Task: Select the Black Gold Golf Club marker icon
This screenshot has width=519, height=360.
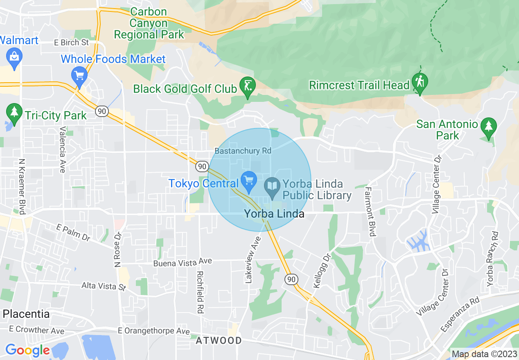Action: point(247,86)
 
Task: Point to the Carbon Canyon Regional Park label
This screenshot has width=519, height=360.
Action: point(149,23)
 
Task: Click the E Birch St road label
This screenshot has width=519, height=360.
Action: point(71,43)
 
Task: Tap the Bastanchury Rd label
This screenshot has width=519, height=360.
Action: point(243,151)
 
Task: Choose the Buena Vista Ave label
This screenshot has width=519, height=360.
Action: point(183,263)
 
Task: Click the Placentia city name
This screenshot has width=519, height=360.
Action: point(26,314)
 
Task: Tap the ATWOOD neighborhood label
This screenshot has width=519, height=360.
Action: point(219,340)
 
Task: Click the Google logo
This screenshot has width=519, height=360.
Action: point(27,350)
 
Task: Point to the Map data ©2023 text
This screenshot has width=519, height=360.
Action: point(484,354)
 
